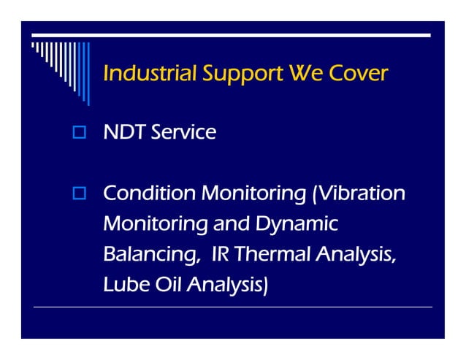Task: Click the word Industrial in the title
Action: click(150, 74)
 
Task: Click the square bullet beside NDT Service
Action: click(80, 133)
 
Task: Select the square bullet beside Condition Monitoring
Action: click(80, 194)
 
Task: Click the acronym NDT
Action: click(124, 132)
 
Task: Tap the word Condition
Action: click(149, 194)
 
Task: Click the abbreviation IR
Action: click(220, 254)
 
